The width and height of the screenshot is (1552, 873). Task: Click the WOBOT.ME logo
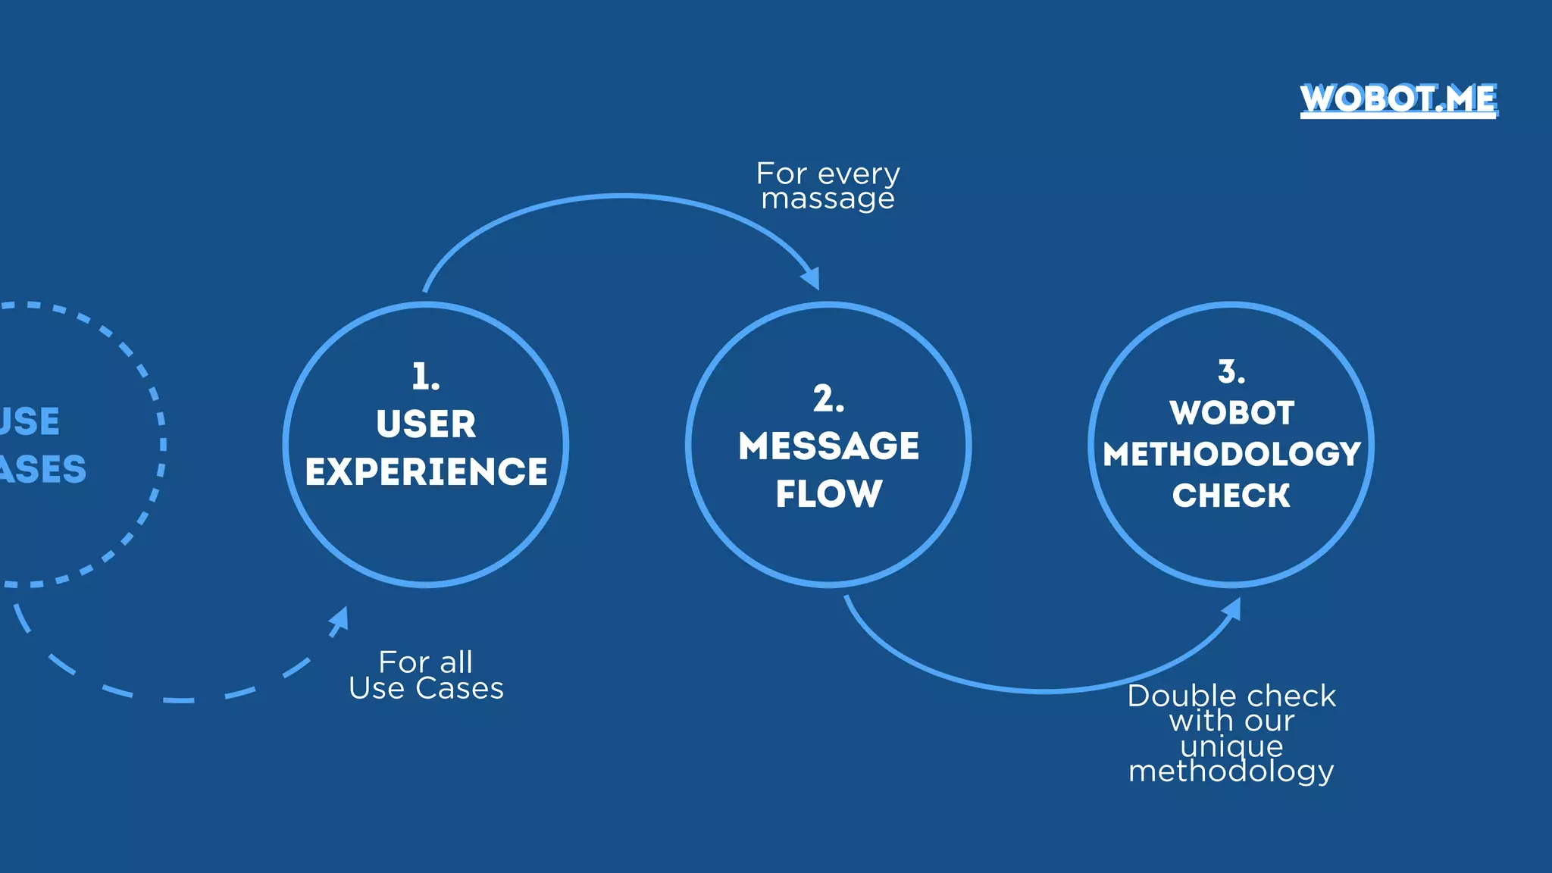pos(1398,99)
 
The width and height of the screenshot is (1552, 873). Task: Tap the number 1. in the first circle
pos(425,377)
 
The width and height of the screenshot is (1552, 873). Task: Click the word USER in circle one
pos(426,424)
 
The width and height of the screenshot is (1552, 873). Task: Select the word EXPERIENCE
pos(426,471)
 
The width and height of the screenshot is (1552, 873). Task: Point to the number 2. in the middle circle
pos(828,399)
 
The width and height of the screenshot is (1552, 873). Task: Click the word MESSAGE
pos(828,446)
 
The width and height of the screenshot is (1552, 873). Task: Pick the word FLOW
pos(828,493)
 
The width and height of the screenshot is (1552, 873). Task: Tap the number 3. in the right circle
pos(1231,372)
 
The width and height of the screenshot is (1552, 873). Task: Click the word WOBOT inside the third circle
pos(1231,413)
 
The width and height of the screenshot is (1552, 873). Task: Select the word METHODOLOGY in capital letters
pos(1231,454)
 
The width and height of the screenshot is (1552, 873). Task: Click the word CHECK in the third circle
pos(1231,496)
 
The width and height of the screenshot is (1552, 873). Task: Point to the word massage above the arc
pos(828,199)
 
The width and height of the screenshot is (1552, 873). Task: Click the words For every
pos(828,174)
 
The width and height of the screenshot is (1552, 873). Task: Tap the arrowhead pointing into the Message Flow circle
pos(812,278)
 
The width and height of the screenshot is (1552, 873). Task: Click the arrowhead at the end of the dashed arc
pos(339,619)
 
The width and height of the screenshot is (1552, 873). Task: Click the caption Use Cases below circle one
pos(426,688)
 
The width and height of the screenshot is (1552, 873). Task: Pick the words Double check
pos(1231,696)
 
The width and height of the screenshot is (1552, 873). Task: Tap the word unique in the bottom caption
pos(1231,746)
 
